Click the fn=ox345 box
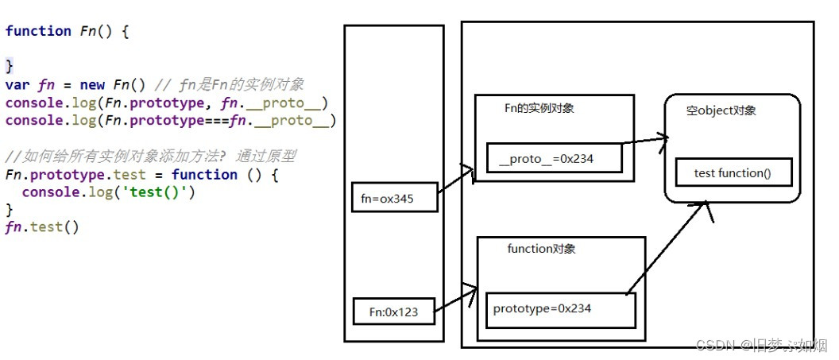[393, 199]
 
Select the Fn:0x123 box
[394, 312]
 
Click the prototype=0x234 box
[560, 309]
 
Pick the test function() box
[733, 173]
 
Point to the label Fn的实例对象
[539, 108]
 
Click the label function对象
[541, 249]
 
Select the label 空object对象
[721, 110]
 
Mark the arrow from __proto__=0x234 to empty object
[644, 141]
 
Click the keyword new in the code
[92, 85]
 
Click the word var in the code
[17, 85]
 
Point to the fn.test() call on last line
[41, 228]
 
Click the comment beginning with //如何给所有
[149, 157]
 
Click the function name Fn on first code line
[87, 31]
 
